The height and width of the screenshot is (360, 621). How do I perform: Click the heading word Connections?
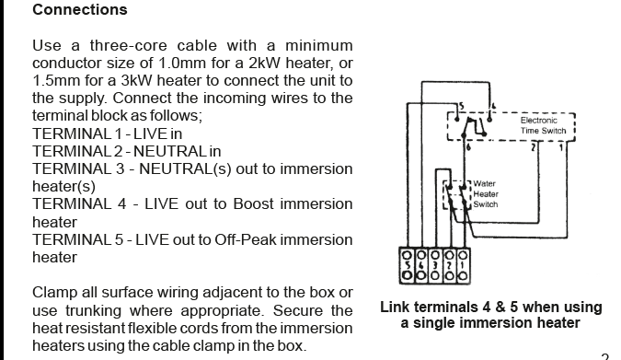click(x=80, y=9)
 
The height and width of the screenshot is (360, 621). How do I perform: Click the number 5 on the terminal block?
click(x=407, y=264)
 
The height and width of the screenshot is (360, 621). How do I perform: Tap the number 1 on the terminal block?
click(x=463, y=264)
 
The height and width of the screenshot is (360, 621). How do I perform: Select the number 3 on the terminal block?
click(x=435, y=264)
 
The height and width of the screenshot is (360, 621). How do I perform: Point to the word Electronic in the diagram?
click(x=538, y=120)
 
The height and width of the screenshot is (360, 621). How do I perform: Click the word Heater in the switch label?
click(x=486, y=194)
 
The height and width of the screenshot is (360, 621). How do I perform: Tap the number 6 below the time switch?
click(x=469, y=147)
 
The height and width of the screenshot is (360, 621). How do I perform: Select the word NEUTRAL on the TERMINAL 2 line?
click(x=170, y=151)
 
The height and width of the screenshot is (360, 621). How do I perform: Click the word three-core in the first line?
click(x=128, y=45)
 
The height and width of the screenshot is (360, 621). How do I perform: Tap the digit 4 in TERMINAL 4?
click(x=121, y=203)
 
